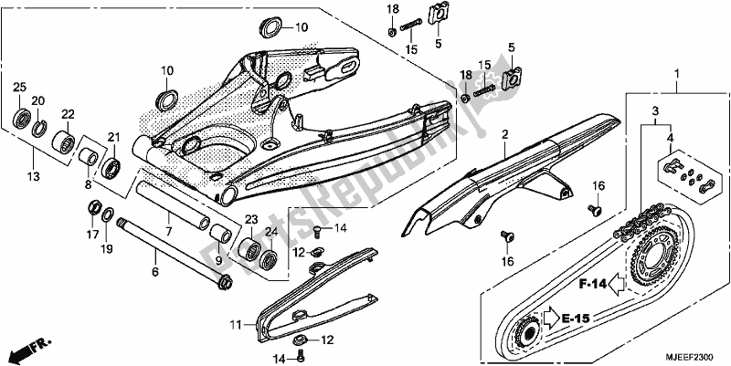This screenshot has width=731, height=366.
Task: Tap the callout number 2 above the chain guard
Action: coord(503,134)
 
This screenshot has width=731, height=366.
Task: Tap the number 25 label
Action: coord(18,86)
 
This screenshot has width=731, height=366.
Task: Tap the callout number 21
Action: coord(114,137)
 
